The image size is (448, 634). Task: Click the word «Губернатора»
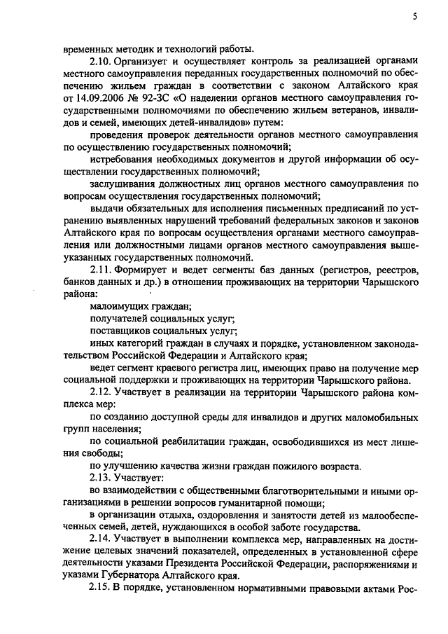pos(129,575)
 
